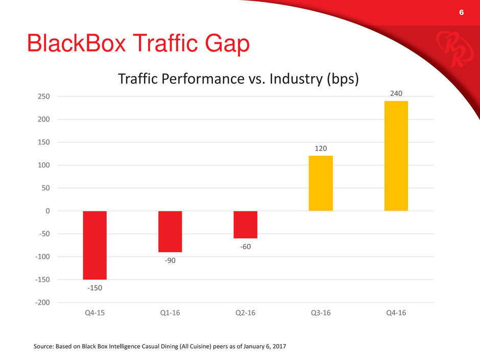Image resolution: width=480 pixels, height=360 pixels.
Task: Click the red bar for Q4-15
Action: pos(95,245)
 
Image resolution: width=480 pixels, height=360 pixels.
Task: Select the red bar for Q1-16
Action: pos(170,231)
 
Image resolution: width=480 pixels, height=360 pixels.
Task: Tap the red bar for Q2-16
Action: pos(246,225)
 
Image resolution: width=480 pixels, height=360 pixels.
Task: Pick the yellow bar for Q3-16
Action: pos(321,183)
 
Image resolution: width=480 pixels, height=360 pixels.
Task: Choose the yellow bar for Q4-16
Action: pos(396,156)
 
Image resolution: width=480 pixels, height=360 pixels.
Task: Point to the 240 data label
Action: pos(396,93)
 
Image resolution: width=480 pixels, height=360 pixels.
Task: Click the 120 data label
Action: pos(321,149)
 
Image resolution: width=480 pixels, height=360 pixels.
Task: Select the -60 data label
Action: pos(246,247)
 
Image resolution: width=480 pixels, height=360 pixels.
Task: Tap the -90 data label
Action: pos(170,260)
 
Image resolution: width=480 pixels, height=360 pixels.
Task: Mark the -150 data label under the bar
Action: pos(95,288)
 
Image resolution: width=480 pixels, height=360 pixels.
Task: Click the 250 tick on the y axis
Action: pos(44,97)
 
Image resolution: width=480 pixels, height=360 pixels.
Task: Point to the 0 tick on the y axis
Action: pos(47,211)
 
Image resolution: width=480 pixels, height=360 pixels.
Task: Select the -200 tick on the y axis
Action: pos(42,302)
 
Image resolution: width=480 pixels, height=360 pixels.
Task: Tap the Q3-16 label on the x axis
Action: pos(321,313)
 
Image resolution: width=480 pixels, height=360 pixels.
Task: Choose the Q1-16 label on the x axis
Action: pos(170,313)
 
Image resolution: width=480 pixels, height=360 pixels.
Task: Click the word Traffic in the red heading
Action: pos(165,43)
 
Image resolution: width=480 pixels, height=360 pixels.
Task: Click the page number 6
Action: pos(461,12)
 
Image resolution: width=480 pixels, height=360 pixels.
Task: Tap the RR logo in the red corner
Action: pos(455,49)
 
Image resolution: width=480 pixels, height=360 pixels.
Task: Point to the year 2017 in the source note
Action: pos(279,346)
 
